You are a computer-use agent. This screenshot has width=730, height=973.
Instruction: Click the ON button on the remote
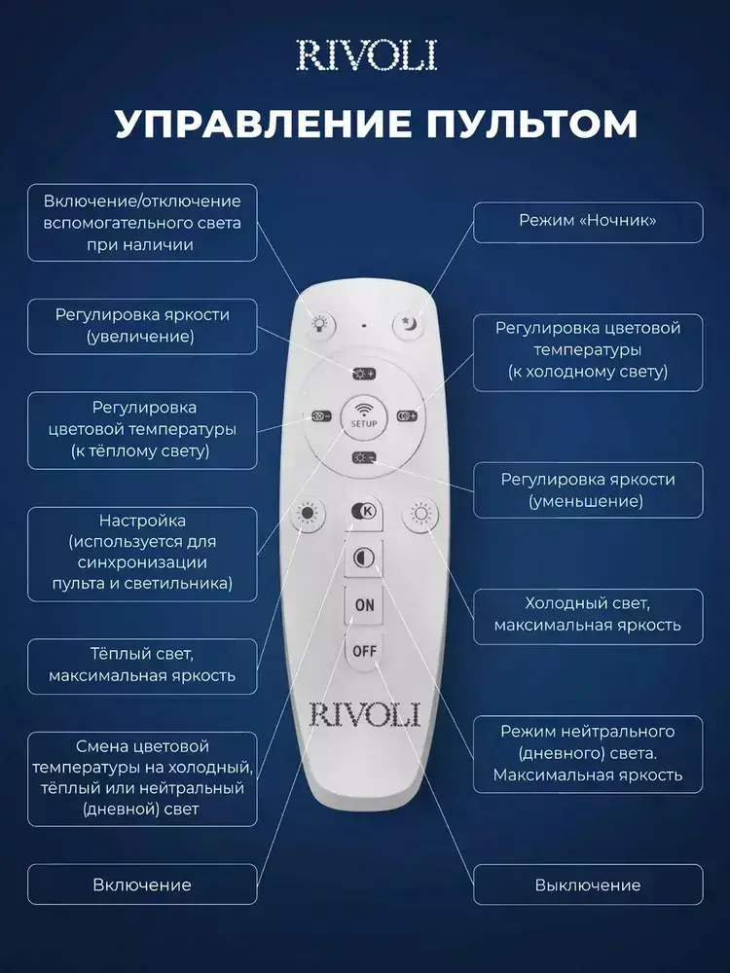pos(364,605)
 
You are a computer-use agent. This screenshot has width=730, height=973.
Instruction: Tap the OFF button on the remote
pos(364,649)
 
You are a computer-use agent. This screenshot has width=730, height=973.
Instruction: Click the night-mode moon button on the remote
pos(407,325)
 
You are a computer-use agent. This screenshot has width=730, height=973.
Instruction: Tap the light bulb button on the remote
pos(319,325)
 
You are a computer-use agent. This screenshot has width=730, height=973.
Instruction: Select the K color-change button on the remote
pos(364,511)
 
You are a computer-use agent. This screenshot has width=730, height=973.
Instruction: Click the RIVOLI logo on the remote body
pos(364,714)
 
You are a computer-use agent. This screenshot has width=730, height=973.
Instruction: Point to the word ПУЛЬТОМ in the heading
pos(520,125)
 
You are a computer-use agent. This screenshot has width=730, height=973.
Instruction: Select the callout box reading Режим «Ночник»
pos(587,222)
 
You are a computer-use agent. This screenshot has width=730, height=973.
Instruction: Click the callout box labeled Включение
pos(142,884)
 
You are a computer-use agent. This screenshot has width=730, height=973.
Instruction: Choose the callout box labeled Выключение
pos(587,884)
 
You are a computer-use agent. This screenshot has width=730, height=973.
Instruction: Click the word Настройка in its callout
pos(142,522)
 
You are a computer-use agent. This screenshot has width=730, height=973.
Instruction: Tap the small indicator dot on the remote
pos(363,324)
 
